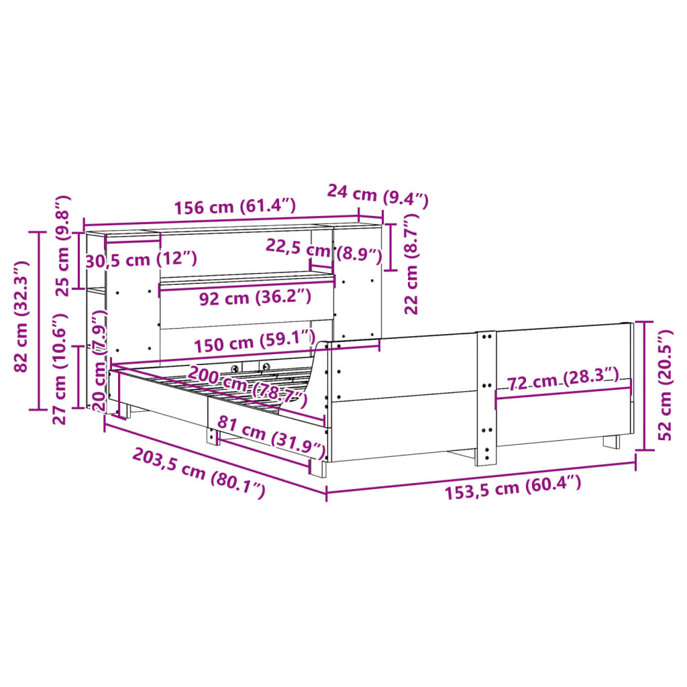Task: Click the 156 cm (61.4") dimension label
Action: pos(234,207)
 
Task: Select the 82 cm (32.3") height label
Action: pos(21,317)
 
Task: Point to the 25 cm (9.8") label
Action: pos(62,246)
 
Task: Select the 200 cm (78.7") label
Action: pos(246,387)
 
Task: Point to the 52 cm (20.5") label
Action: pos(664,384)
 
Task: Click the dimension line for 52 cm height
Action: pos(645,386)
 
